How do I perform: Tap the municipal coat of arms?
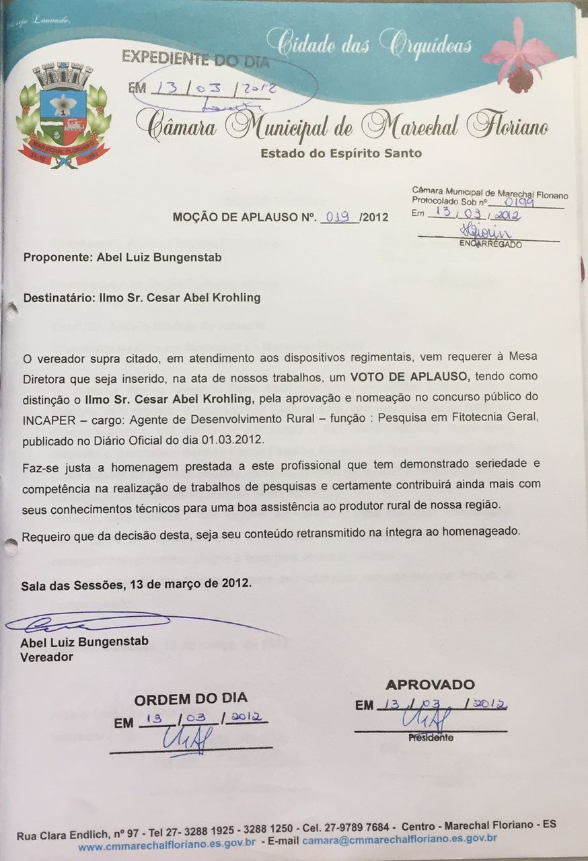[x=63, y=117]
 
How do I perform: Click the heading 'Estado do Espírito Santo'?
[x=341, y=153]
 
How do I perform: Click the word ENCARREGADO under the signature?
[x=490, y=244]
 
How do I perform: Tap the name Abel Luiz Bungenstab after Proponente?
[x=159, y=257]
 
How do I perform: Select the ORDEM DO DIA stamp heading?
[x=190, y=699]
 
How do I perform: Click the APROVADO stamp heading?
[x=430, y=685]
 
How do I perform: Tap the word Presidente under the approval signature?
[x=431, y=737]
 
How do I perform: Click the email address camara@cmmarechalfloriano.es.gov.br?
[x=400, y=839]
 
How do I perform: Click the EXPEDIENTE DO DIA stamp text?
[x=195, y=61]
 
